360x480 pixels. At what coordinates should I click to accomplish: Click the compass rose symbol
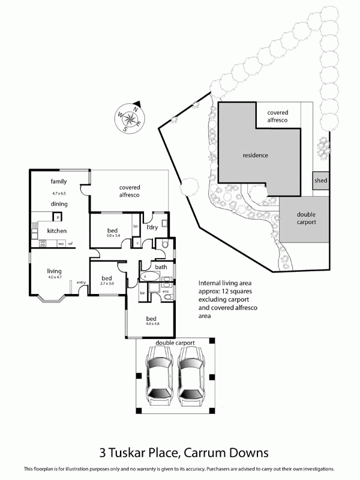pos(129,118)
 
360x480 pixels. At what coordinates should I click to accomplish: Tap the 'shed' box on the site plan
pos(320,181)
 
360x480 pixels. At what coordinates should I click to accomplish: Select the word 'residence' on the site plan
pos(255,155)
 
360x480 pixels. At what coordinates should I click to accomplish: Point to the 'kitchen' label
pos(57,231)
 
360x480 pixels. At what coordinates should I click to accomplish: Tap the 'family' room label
pos(58,181)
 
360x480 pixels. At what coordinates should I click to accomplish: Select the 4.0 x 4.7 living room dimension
pos(55,277)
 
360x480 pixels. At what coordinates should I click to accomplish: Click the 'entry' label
pos(81,282)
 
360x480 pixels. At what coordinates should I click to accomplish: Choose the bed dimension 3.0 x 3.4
pos(113,236)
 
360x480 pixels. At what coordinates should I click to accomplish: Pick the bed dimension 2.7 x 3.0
pos(107,284)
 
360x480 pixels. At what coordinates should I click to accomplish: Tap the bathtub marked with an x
pos(150,276)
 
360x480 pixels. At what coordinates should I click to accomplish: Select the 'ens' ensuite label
pos(166,291)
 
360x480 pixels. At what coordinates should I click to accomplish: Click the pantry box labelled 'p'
pos(59,217)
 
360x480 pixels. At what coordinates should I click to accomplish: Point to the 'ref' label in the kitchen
pos(70,244)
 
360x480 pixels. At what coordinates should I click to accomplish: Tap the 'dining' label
pos(58,204)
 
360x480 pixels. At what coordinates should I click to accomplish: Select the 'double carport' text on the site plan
pos(306,219)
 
